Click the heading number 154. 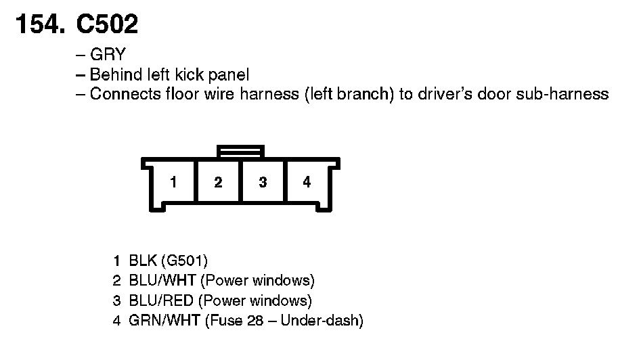click(39, 24)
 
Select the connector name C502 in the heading click(107, 24)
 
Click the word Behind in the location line click(112, 74)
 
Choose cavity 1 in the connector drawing click(174, 182)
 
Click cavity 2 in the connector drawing click(218, 182)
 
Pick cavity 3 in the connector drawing click(263, 182)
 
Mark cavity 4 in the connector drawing click(307, 182)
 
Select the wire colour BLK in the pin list click(141, 261)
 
